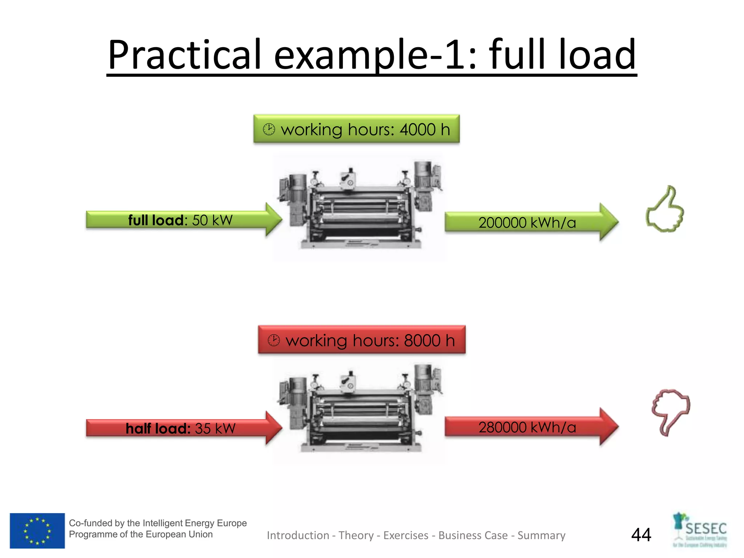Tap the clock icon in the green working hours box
pos(269,129)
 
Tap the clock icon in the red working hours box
pos(274,340)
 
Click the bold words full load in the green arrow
pos(156,220)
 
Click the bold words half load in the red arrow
pos(158,428)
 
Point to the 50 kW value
pos(212,220)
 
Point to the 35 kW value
pos(215,428)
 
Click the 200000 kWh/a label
pos(527,223)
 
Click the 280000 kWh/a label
pos(527,427)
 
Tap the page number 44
pos(641,535)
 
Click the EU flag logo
pos(37,531)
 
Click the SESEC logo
pos(700,530)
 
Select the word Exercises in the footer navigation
pos(406,535)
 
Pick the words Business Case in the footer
pos(473,535)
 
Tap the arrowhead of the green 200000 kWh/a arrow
pos(608,222)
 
